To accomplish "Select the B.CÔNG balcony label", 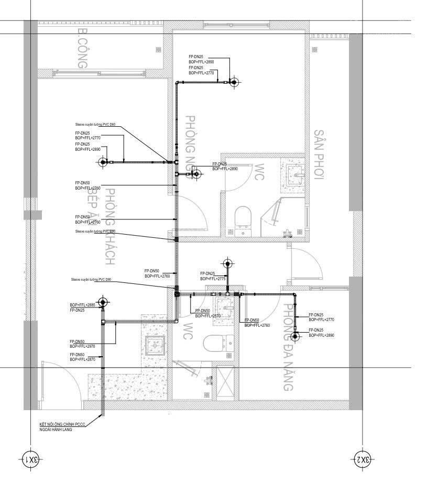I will (81, 48).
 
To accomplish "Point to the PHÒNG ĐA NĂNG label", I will (288, 347).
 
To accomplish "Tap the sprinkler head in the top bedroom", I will (234, 82).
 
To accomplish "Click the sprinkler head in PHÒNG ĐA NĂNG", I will (295, 335).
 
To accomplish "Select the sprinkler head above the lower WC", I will (227, 263).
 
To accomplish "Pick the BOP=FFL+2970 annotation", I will (82, 346).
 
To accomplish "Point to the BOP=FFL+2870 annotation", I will (82, 360).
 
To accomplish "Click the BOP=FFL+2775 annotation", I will (213, 279).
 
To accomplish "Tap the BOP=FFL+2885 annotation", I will (83, 305).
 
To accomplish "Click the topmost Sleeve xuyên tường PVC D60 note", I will (95, 125).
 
